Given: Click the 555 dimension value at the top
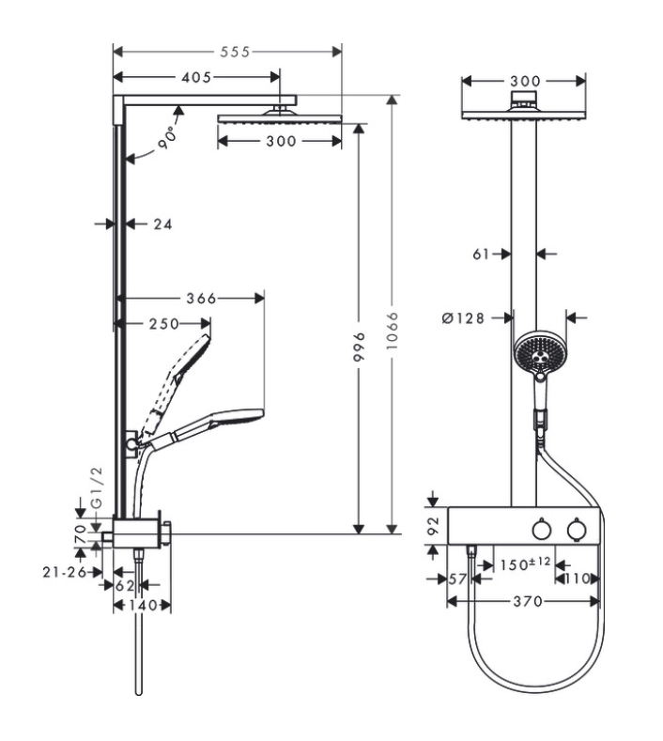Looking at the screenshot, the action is click(x=235, y=52).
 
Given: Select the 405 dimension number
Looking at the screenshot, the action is click(x=196, y=77).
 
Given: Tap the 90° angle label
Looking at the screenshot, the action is click(x=168, y=138).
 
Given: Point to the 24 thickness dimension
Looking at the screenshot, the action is click(x=162, y=224).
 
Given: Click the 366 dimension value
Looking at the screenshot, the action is click(x=201, y=299).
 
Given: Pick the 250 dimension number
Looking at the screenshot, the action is click(x=164, y=324).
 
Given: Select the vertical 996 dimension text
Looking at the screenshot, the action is click(x=360, y=347).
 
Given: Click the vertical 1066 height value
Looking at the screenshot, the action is click(x=393, y=331).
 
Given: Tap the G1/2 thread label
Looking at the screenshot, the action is click(x=97, y=487).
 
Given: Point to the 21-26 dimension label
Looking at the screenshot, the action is click(x=65, y=572).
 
